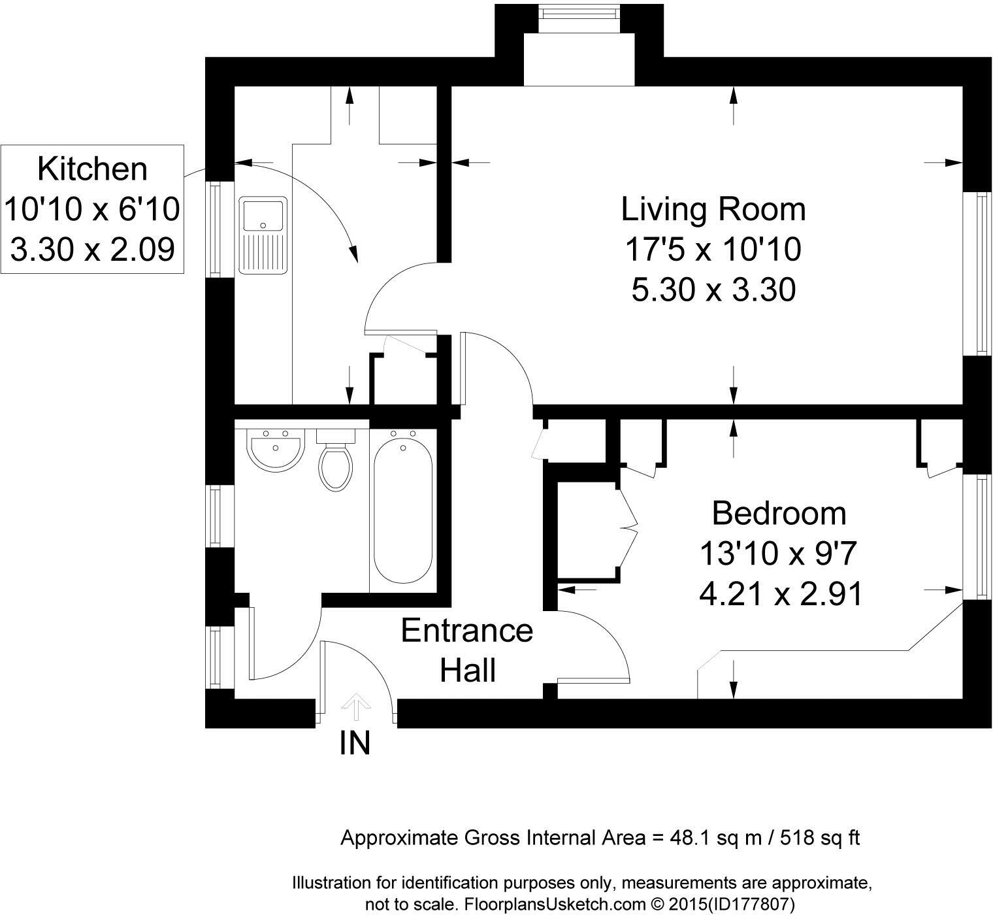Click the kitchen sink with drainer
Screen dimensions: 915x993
coord(263,235)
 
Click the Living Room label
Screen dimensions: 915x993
coord(713,209)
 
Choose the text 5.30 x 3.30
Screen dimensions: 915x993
coord(713,290)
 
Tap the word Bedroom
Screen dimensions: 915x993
coord(779,513)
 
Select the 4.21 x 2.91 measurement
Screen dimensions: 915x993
coord(781,594)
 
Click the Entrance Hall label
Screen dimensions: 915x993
coord(467,650)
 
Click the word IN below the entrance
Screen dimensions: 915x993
coord(355,743)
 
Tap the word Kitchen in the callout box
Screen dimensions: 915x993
coord(92,169)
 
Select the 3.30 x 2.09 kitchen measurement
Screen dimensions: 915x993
coord(92,250)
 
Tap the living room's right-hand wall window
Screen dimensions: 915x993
coord(978,273)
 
